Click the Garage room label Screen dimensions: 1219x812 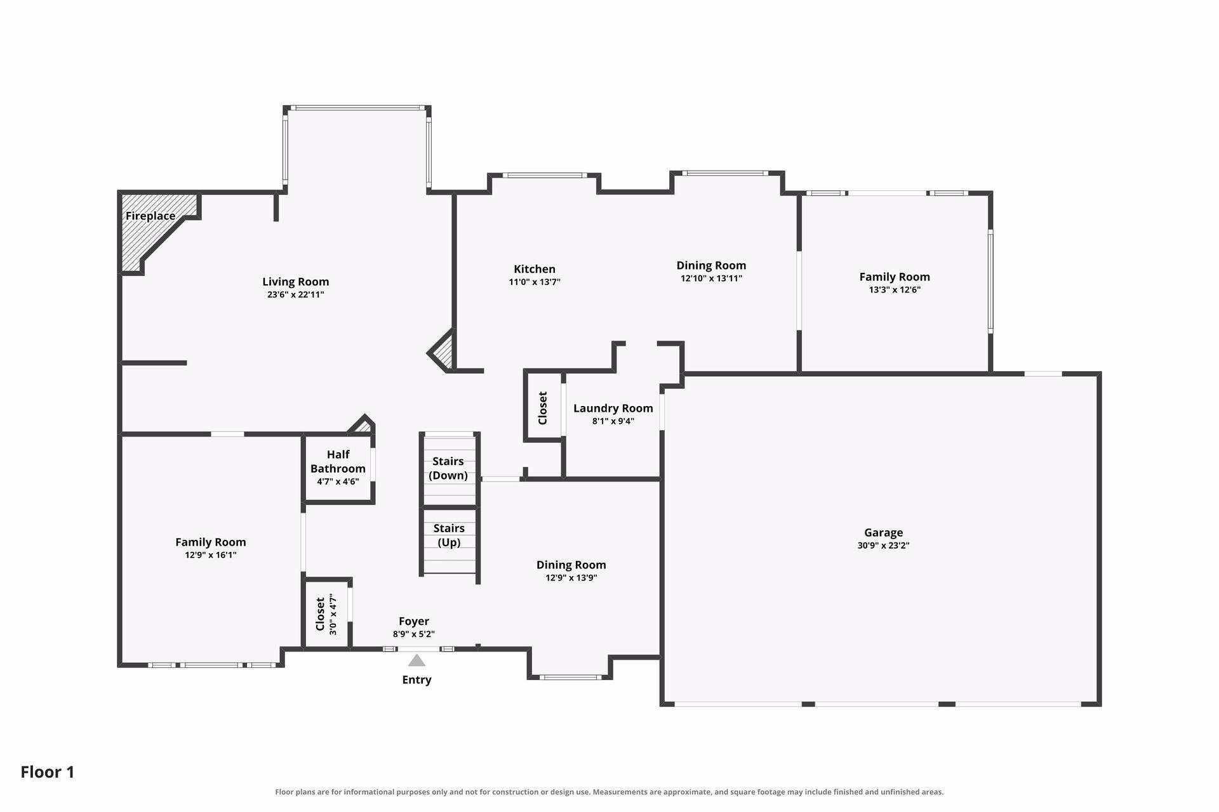click(883, 533)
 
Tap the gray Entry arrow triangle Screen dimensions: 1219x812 click(416, 661)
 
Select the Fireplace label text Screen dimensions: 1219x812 click(150, 216)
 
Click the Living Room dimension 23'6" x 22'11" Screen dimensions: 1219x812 click(296, 294)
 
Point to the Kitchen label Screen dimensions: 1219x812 click(535, 269)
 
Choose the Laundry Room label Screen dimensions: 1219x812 click(613, 408)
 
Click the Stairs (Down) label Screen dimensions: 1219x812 click(448, 468)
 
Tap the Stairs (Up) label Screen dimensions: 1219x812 click(449, 535)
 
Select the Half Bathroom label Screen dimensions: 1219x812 click(338, 461)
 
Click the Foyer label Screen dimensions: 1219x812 click(414, 621)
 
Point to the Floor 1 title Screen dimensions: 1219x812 click(48, 772)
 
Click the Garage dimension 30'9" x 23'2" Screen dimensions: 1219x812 click(883, 546)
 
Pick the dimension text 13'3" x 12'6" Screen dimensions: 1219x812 click(895, 290)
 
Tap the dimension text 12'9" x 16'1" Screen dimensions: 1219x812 click(211, 555)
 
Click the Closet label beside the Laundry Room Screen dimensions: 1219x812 click(543, 408)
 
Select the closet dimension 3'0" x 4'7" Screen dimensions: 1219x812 click(333, 614)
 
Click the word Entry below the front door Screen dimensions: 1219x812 click(416, 680)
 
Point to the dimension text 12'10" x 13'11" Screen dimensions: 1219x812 click(711, 278)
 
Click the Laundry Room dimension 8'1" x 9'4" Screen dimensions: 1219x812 click(613, 421)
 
